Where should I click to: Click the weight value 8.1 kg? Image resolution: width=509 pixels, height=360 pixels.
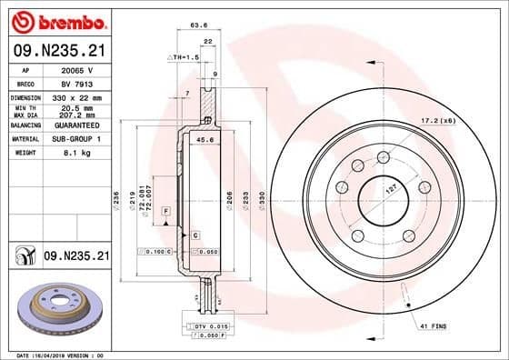[x=72, y=153]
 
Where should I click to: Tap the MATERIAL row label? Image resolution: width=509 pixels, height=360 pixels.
[x=25, y=139]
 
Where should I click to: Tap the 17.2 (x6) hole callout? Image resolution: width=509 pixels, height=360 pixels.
[x=463, y=119]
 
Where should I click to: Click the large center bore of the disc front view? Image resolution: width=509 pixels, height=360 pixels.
[x=381, y=195]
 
